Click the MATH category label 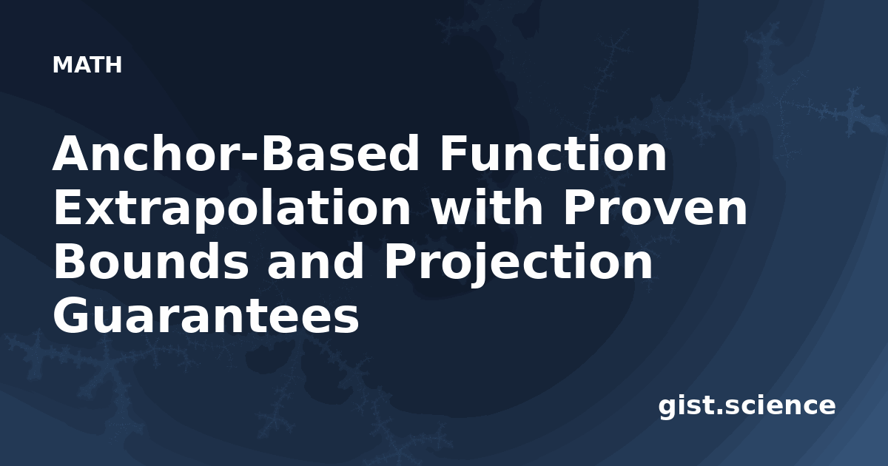pyautogui.click(x=87, y=65)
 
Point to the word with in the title pyautogui.click(x=487, y=207)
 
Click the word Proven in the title pyautogui.click(x=656, y=208)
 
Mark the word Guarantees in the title pyautogui.click(x=206, y=315)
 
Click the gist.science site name pyautogui.click(x=747, y=407)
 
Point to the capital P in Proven pyautogui.click(x=578, y=208)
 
